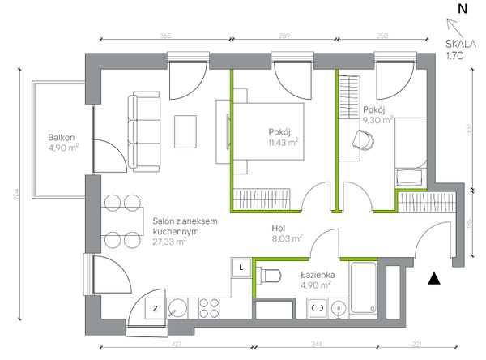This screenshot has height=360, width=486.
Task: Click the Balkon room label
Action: click(x=62, y=138)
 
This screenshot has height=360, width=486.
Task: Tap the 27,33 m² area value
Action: click(x=169, y=242)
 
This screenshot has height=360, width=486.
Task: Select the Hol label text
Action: click(x=279, y=229)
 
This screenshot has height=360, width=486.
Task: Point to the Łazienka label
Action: click(x=318, y=275)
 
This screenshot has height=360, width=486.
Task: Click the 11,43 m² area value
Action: click(x=283, y=143)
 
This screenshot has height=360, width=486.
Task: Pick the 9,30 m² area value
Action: click(x=378, y=120)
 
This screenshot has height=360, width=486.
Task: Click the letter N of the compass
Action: click(x=463, y=9)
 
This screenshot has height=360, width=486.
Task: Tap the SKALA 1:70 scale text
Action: click(x=461, y=49)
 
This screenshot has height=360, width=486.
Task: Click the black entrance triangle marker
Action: click(x=434, y=278)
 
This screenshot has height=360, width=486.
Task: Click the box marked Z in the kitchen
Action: click(x=156, y=308)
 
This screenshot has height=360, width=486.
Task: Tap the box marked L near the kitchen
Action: click(x=241, y=268)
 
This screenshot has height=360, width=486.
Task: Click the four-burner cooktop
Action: click(x=209, y=308)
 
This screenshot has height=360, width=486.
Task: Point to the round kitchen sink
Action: click(x=177, y=308)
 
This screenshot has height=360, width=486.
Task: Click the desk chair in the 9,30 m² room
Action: click(x=363, y=140)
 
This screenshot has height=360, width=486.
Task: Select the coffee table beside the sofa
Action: click(x=185, y=131)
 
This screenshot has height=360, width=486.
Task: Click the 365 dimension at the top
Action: click(x=166, y=36)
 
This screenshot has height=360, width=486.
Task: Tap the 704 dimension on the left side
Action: click(x=17, y=194)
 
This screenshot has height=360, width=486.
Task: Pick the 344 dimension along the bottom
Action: click(x=317, y=344)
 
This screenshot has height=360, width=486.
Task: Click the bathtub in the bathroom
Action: click(x=363, y=287)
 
